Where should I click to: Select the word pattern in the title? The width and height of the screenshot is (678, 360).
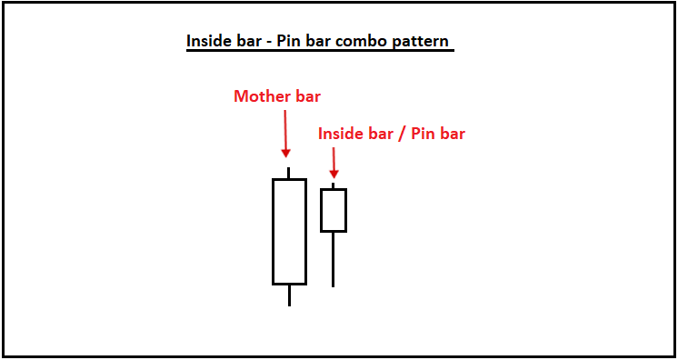click(421, 42)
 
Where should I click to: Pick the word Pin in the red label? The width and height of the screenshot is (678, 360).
click(420, 134)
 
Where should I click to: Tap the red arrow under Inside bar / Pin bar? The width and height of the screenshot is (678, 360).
click(334, 164)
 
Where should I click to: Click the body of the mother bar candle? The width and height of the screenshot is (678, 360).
click(289, 231)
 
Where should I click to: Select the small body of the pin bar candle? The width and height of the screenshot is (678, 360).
click(334, 210)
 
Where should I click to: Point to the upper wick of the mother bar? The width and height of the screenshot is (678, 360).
click(289, 173)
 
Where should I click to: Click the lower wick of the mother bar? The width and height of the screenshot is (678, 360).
click(289, 295)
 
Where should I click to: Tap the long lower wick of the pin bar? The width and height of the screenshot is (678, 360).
click(334, 259)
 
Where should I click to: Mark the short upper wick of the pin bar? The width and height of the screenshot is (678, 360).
click(334, 185)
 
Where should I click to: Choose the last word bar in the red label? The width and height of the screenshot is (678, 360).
click(452, 134)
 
